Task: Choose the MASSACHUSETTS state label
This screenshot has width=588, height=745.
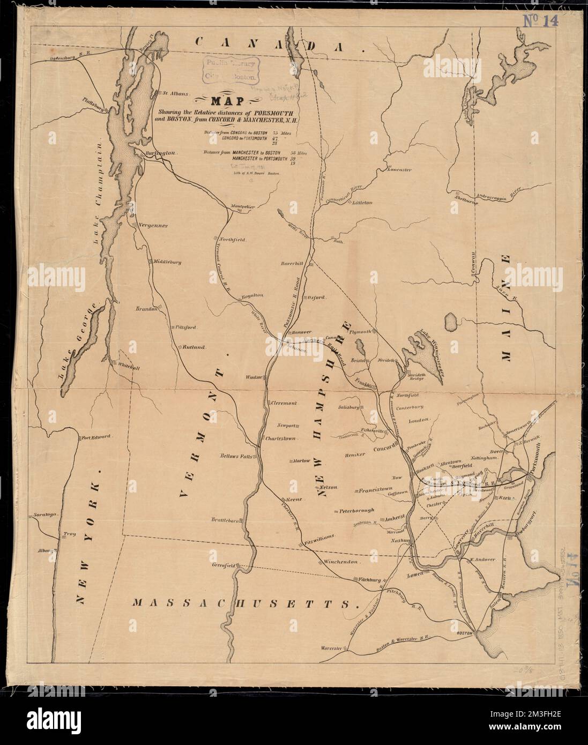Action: [245, 604]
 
